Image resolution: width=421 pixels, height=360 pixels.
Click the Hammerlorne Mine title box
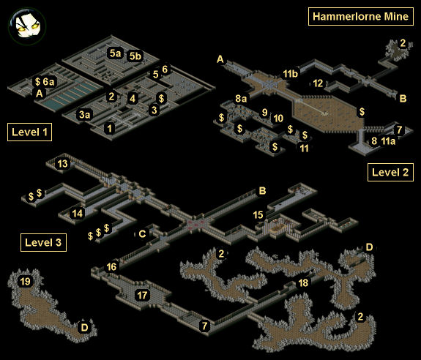click(360, 17)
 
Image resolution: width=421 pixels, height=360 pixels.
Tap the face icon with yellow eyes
click(27, 26)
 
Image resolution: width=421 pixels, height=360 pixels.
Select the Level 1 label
click(29, 132)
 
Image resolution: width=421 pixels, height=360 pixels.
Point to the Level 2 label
click(390, 172)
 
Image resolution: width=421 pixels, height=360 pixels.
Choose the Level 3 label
click(43, 242)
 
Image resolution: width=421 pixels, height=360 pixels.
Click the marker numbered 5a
click(115, 53)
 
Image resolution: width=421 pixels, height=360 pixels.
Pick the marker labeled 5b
click(135, 56)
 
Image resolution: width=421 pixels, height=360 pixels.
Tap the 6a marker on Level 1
click(48, 82)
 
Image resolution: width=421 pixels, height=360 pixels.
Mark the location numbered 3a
click(85, 115)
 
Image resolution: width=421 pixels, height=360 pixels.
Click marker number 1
click(110, 129)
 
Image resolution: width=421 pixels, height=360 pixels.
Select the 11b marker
click(290, 74)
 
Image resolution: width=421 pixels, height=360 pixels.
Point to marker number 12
click(318, 83)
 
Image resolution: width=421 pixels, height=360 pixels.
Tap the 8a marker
click(241, 99)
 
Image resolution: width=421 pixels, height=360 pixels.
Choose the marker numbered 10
click(278, 119)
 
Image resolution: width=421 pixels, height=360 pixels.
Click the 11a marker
click(388, 140)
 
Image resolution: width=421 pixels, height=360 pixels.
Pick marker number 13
click(62, 164)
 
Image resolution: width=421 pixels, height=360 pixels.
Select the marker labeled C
click(142, 234)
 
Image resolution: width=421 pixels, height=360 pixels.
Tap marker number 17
click(142, 296)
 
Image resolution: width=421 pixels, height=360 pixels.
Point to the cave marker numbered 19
click(25, 282)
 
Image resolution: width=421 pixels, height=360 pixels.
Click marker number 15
click(258, 214)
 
